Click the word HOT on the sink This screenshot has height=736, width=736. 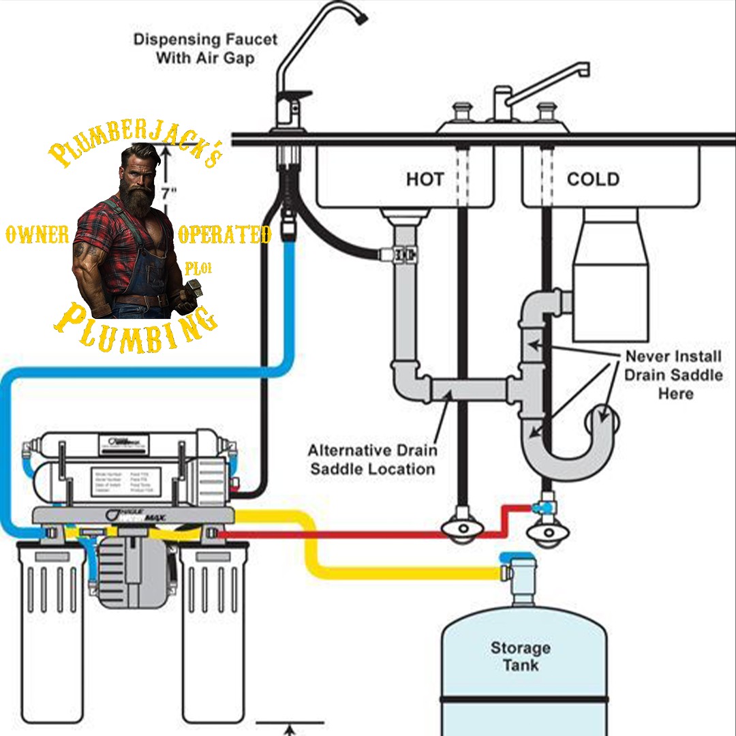[x=425, y=179]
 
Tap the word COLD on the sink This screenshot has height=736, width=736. [x=593, y=179]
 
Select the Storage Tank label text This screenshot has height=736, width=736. [x=520, y=656]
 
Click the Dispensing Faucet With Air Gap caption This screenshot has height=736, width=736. [x=205, y=48]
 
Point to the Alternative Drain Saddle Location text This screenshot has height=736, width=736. [x=372, y=460]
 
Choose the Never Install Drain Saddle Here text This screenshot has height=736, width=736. [x=673, y=375]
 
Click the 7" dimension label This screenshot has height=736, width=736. [x=168, y=194]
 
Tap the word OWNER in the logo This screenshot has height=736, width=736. [x=37, y=236]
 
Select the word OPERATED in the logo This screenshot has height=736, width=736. [x=224, y=236]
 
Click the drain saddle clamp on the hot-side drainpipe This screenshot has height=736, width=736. [x=405, y=255]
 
